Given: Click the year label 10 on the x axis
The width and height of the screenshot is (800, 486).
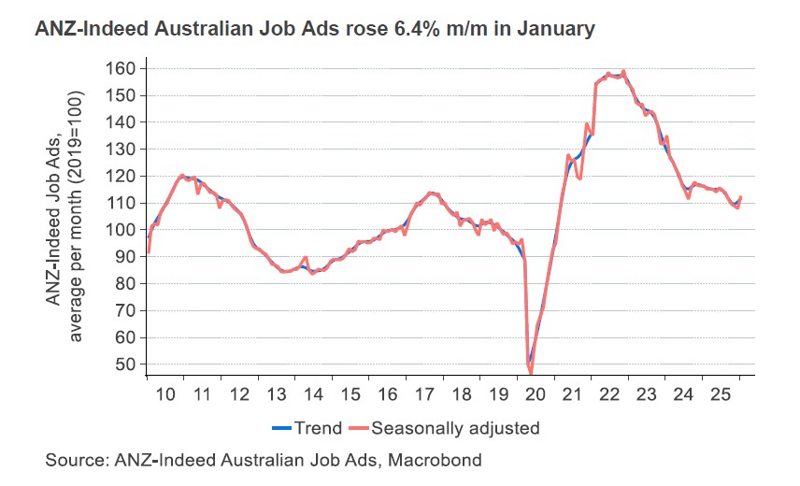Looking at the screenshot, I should click(165, 394).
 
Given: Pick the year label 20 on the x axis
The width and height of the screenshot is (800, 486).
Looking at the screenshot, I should click(536, 394).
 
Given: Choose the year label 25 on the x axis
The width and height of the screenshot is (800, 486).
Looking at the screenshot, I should click(721, 394).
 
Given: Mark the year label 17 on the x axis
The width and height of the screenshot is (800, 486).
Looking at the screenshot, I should click(424, 394).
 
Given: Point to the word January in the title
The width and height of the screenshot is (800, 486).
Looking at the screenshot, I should click(556, 29).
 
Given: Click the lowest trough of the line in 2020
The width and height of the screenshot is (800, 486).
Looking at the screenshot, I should click(531, 372).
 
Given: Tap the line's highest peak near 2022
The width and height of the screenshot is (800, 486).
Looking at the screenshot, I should click(623, 71).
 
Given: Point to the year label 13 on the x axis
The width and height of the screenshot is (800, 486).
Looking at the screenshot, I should click(277, 394).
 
